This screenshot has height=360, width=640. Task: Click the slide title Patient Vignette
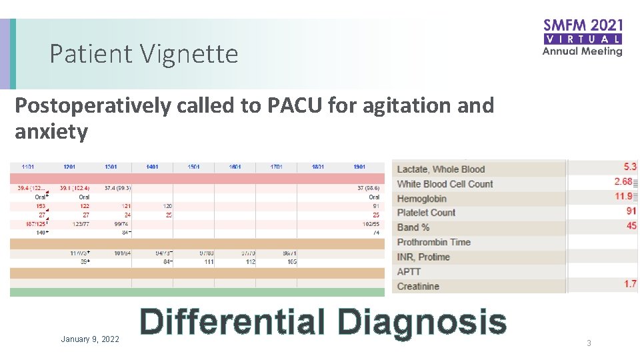[x=143, y=54]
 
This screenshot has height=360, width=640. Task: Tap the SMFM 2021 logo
[x=582, y=37]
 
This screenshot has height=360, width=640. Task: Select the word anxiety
[x=51, y=131]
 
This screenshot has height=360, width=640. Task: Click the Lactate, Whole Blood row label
[x=441, y=169]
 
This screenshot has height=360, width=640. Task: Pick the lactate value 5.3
[x=629, y=167]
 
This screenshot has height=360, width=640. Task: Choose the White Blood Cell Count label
[x=445, y=184]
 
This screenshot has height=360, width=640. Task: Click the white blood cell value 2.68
[x=624, y=181]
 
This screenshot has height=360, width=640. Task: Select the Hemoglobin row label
[x=421, y=199]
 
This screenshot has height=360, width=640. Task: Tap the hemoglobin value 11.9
[x=624, y=196]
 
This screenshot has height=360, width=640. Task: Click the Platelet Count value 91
[x=630, y=211]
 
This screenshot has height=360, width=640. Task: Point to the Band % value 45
[x=630, y=225]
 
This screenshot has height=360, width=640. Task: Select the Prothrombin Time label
[x=433, y=242]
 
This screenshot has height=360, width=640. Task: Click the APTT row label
[x=409, y=271]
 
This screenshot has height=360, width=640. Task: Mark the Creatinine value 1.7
[x=630, y=284]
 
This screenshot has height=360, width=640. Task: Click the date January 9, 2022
[x=90, y=339]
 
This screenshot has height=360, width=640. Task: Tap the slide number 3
[x=589, y=343]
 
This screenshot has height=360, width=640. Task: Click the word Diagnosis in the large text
[x=421, y=322]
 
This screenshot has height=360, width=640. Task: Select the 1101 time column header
[x=28, y=167]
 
